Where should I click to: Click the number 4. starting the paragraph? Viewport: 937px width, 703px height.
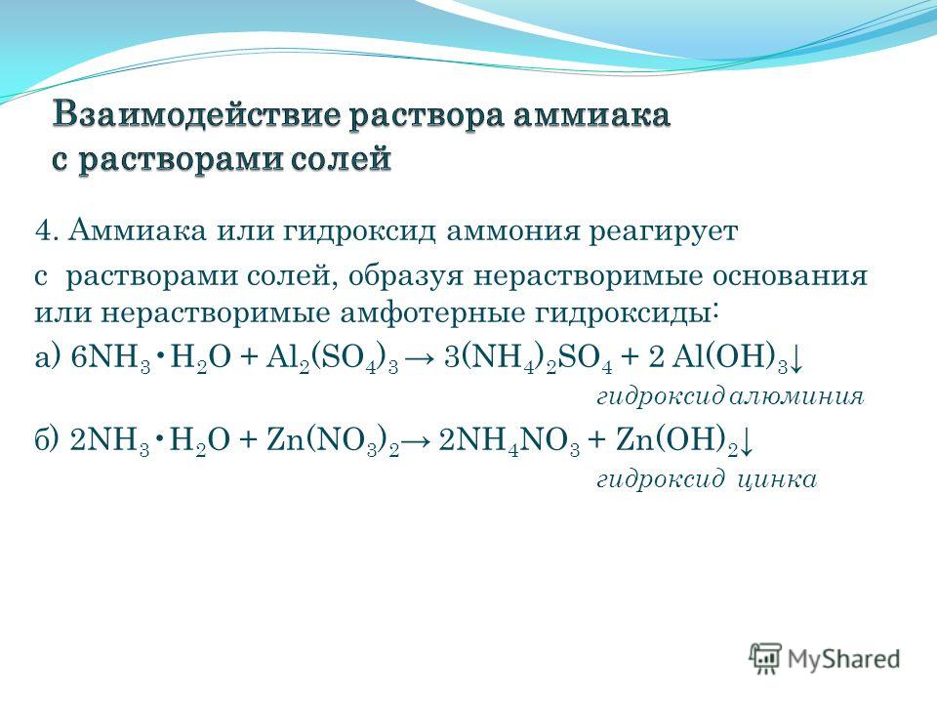(47, 230)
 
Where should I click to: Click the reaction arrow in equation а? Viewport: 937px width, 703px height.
(421, 358)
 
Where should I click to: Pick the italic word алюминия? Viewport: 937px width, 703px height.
(796, 396)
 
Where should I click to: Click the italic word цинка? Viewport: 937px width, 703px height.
(777, 479)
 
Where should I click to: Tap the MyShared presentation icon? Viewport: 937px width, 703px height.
(765, 659)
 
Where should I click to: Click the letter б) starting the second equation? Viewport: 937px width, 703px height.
(47, 441)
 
